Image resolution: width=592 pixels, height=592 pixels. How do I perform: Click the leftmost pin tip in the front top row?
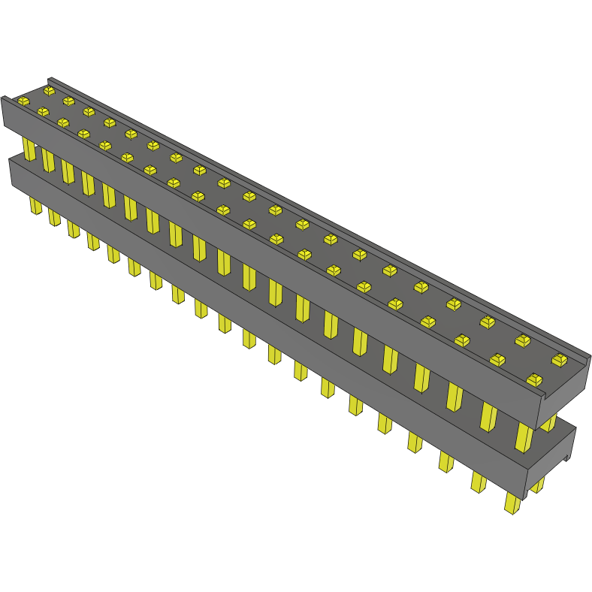23,100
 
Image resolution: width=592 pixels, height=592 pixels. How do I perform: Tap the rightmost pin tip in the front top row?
535,379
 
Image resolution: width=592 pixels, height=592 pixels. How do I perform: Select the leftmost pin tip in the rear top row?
50,90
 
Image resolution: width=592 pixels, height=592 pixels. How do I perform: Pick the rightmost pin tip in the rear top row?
559,360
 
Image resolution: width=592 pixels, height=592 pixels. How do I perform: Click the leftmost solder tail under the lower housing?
35,205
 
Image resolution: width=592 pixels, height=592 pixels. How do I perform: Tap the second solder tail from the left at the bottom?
54,217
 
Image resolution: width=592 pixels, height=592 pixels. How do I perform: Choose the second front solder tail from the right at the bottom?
478,482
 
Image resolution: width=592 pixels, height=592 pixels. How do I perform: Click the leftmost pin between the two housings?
29,149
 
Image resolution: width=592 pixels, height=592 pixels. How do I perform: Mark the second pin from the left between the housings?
48,160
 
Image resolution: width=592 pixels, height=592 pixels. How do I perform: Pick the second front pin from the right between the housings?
488,416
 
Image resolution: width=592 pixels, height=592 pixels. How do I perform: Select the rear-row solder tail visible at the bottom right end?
538,485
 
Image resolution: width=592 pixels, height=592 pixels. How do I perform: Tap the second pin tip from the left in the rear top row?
68,101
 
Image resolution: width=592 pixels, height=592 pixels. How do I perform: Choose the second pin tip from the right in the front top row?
497,359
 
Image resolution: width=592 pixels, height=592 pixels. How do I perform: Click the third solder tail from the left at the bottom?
73,228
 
